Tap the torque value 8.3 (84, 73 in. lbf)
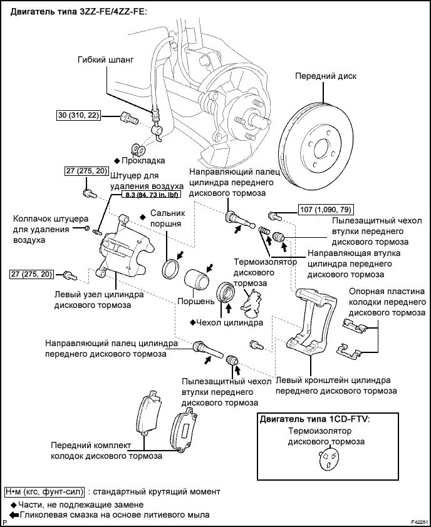[x=148, y=195]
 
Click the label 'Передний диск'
[x=325, y=76]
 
